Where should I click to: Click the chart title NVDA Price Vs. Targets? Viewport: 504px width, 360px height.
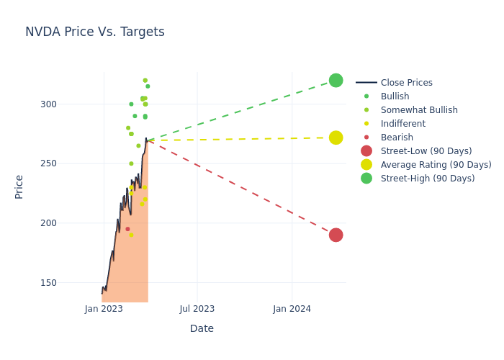pyautogui.click(x=95, y=32)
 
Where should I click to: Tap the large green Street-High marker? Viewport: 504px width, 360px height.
pyautogui.click(x=336, y=80)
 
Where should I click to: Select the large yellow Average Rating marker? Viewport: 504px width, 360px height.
pyautogui.click(x=336, y=138)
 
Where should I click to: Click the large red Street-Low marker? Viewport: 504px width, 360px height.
pyautogui.click(x=336, y=235)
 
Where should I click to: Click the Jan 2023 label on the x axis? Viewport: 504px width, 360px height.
pyautogui.click(x=104, y=309)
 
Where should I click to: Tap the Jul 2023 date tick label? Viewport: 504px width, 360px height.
pyautogui.click(x=197, y=309)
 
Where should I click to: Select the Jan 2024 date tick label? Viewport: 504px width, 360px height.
pyautogui.click(x=292, y=309)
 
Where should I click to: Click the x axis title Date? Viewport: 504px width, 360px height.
pyautogui.click(x=202, y=328)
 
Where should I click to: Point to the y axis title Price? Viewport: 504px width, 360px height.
pyautogui.click(x=19, y=186)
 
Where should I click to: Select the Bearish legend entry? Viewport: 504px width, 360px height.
pyautogui.click(x=397, y=138)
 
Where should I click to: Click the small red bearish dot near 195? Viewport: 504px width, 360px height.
pyautogui.click(x=127, y=229)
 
